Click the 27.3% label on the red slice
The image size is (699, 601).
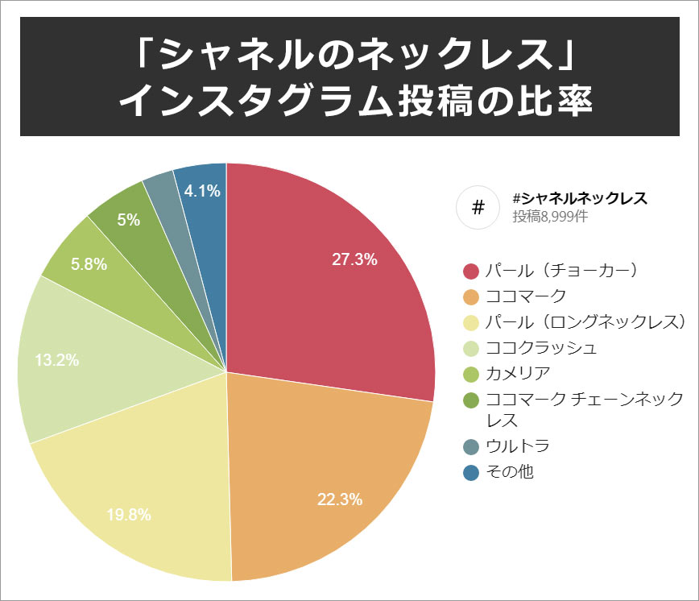click(x=355, y=259)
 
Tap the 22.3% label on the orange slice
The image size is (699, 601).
click(x=339, y=499)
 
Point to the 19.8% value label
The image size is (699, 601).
click(x=129, y=515)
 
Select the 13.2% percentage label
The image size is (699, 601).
click(x=57, y=360)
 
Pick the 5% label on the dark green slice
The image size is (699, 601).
click(x=129, y=218)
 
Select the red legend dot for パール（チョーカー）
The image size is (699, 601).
click(x=472, y=271)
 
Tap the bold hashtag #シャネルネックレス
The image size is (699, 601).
click(x=580, y=198)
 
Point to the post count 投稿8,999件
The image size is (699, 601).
click(x=551, y=217)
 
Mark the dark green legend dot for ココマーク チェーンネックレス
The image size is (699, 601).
click(x=472, y=400)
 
